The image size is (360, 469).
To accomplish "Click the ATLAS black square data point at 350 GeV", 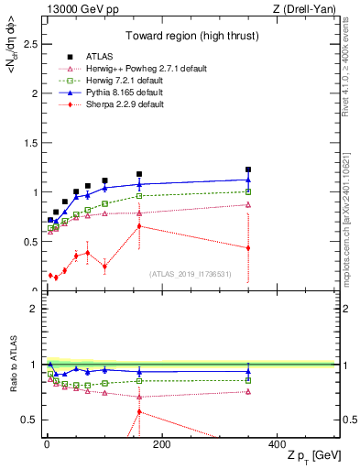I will coord(248,169).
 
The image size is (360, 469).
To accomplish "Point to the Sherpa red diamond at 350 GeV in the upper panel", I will coord(248,248).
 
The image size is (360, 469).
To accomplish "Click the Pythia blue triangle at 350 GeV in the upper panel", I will coord(248,180).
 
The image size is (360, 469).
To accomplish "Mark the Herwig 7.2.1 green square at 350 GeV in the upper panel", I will coord(248,191).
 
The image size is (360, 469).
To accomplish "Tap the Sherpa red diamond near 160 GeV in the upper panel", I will coord(139,225).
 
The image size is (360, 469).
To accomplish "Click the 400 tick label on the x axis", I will coord(277,444).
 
